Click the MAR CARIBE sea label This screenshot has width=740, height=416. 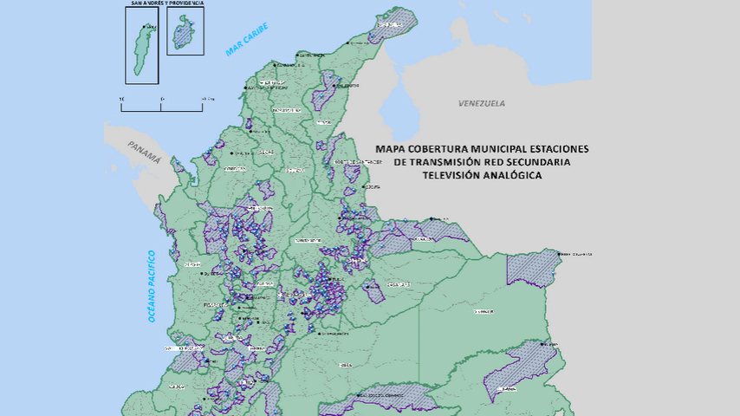point(247,40)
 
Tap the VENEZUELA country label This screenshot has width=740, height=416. point(481,103)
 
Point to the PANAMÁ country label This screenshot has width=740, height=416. point(143,152)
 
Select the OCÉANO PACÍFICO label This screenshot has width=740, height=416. point(151,286)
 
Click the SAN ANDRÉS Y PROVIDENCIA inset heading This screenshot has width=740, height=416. point(166,3)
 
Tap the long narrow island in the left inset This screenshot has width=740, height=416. point(141,47)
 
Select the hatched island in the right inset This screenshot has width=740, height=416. point(183,35)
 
